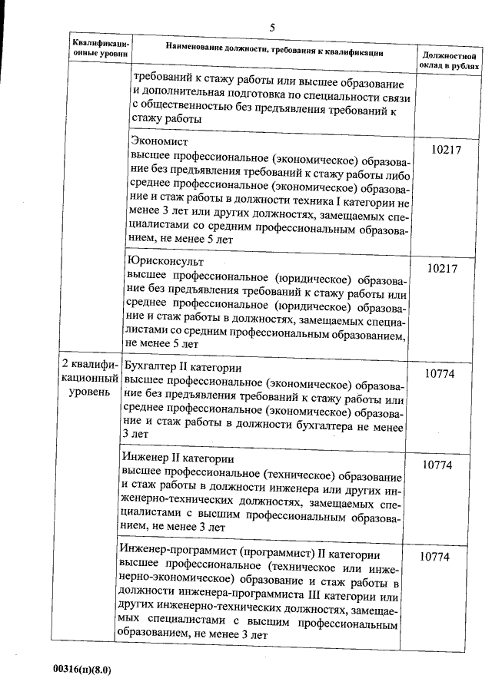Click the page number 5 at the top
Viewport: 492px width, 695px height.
click(x=272, y=28)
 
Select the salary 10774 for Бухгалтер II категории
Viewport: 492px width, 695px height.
click(x=442, y=372)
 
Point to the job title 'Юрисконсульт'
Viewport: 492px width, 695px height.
click(x=165, y=260)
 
